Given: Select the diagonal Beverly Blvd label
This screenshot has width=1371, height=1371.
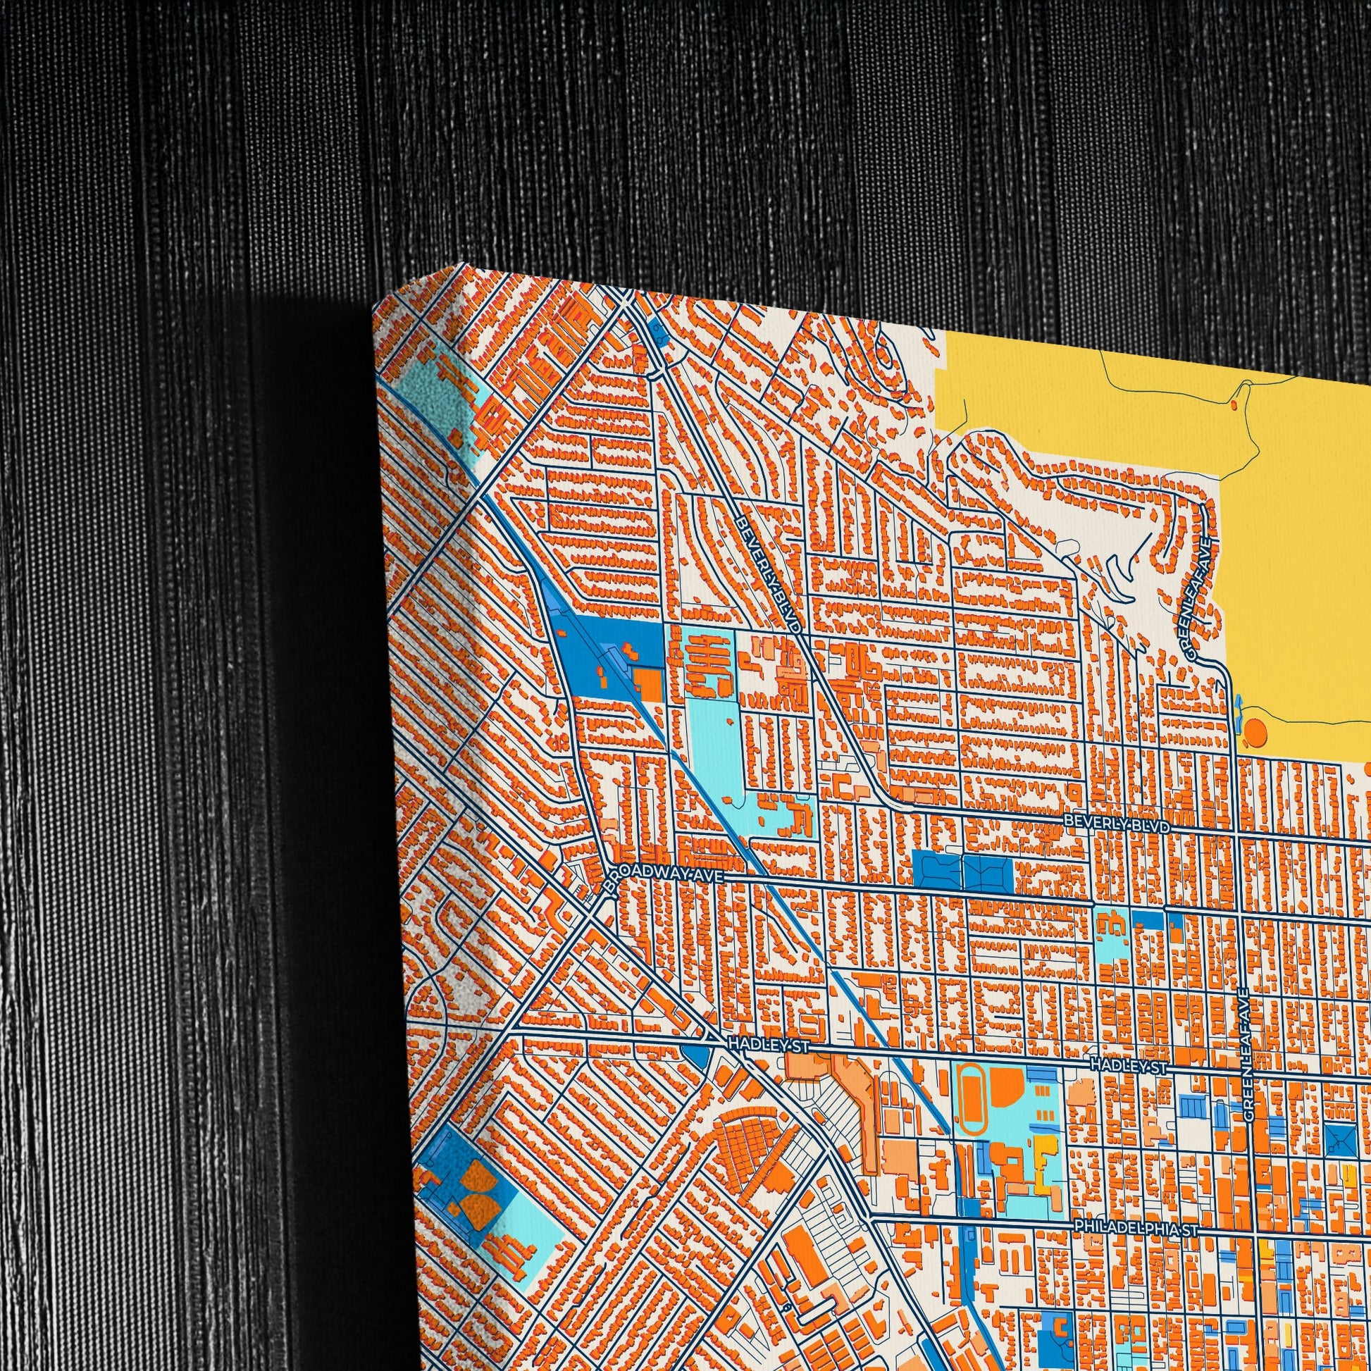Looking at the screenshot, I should pyautogui.click(x=770, y=574).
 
